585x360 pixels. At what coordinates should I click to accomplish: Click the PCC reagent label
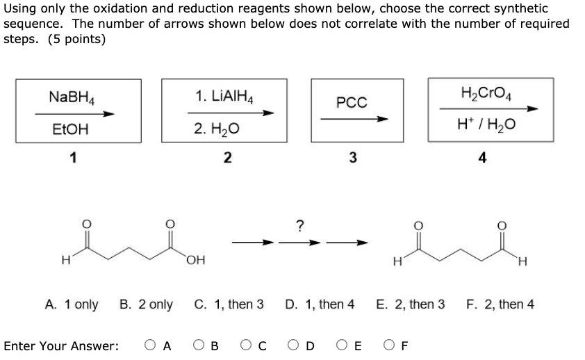click(x=352, y=103)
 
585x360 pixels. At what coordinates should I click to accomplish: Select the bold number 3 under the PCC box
click(x=352, y=158)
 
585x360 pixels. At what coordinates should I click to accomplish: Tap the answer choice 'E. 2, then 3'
click(x=410, y=304)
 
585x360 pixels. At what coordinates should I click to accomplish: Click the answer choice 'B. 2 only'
click(x=146, y=304)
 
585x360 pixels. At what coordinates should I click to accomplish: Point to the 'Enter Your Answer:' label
click(x=60, y=345)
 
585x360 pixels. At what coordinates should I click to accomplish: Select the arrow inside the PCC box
click(x=353, y=119)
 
